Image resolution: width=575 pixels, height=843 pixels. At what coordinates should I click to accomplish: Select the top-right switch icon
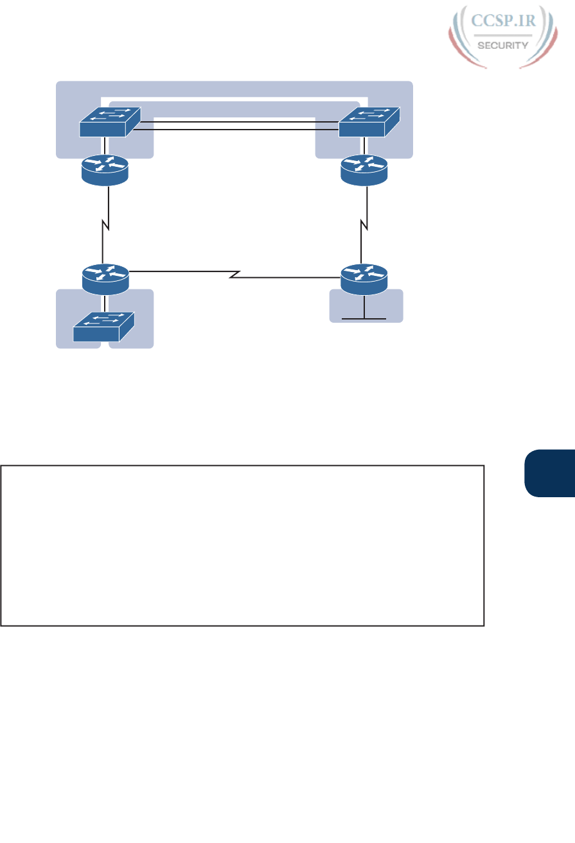369,122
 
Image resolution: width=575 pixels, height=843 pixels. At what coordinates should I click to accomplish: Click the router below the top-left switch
105,169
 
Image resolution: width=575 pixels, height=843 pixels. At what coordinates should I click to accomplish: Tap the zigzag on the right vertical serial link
366,226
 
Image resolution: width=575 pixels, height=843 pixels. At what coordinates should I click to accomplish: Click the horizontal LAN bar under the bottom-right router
364,318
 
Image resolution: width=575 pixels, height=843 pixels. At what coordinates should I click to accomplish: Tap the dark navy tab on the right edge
549,473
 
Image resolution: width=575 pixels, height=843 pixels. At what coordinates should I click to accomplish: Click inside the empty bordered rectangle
242,545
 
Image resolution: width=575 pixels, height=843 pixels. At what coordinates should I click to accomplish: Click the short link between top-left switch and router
105,146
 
